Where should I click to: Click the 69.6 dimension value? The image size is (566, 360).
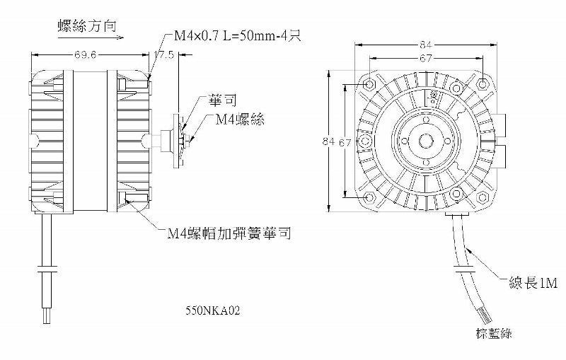pos(83,55)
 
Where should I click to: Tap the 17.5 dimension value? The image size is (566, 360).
pos(166,55)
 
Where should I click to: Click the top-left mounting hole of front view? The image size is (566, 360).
pos(368,86)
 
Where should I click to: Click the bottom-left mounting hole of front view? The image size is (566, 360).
pos(368,199)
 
